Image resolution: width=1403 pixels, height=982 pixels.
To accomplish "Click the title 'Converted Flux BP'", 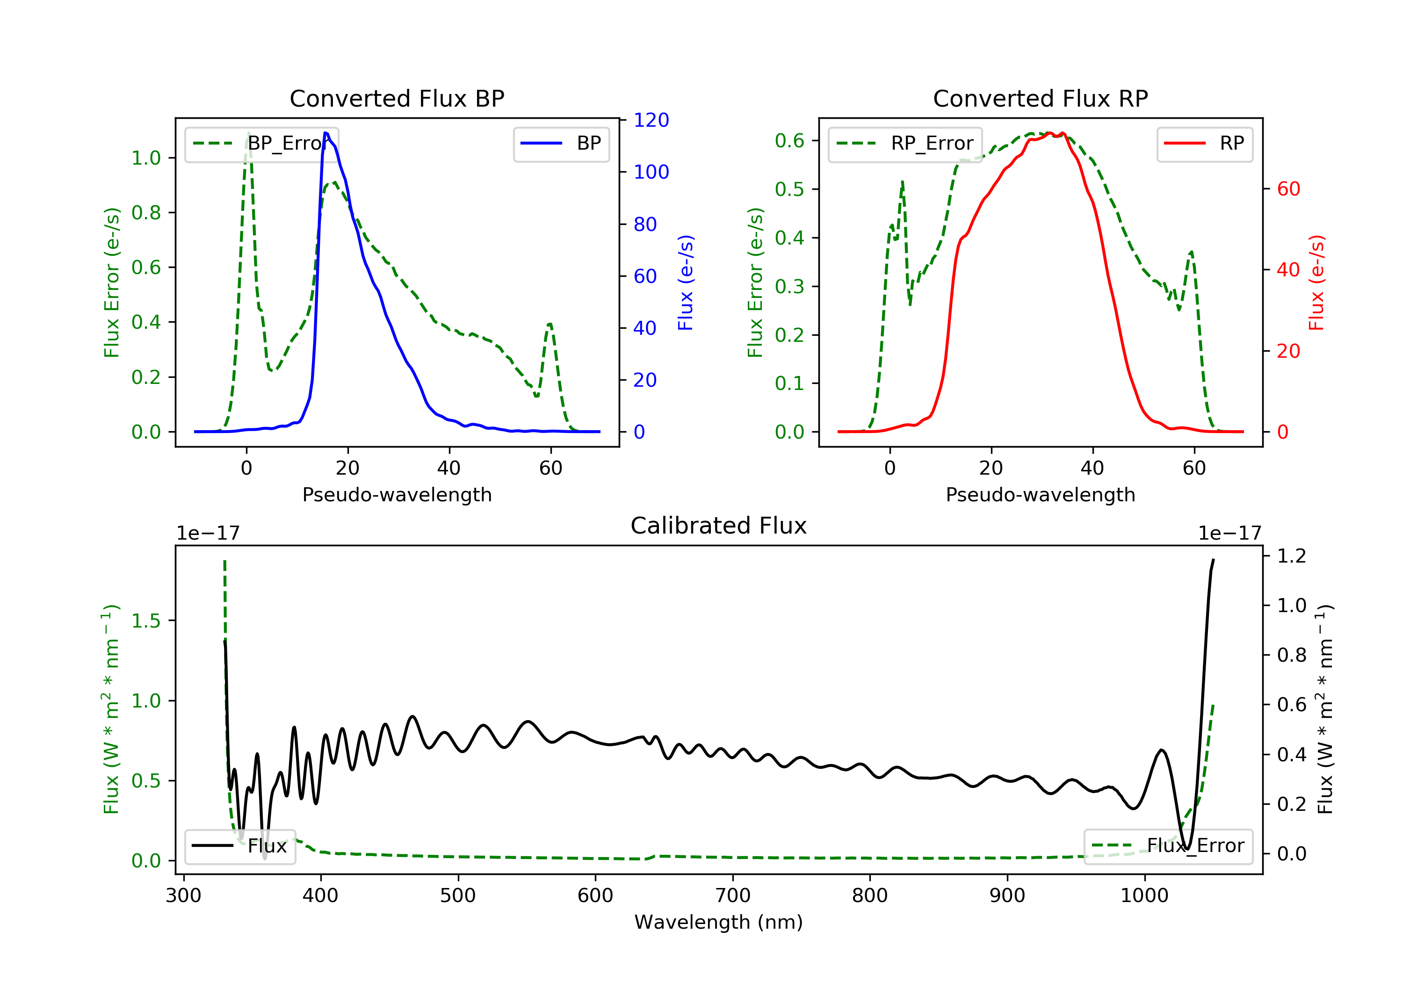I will pos(397,98).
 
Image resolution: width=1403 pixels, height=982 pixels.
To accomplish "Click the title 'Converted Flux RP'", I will pos(1040,98).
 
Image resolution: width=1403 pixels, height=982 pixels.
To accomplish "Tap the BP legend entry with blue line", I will pos(561,144).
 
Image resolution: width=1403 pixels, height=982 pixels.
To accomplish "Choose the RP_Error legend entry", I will pos(905,144).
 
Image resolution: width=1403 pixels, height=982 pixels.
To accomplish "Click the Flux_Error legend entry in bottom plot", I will pos(1168,846).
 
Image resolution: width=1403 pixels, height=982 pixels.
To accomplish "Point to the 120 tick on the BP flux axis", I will pos(651,120).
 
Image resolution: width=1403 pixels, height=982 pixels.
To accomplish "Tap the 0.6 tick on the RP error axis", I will pos(789,141).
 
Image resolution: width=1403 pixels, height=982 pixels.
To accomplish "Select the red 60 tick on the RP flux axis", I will pos(1288,189).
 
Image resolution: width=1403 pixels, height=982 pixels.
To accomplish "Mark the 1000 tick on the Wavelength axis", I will pos(1144,896).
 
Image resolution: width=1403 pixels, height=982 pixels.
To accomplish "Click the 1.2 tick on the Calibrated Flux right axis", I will pos(1292,556).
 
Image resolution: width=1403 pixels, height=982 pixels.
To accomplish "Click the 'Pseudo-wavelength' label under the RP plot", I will pos(1040,494).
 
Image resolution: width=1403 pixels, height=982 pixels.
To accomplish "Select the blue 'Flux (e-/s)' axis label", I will pos(686,282).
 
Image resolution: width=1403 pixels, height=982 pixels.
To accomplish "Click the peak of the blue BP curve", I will pos(325,133).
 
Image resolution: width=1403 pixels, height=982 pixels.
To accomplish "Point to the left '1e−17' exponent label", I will pos(208,534).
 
